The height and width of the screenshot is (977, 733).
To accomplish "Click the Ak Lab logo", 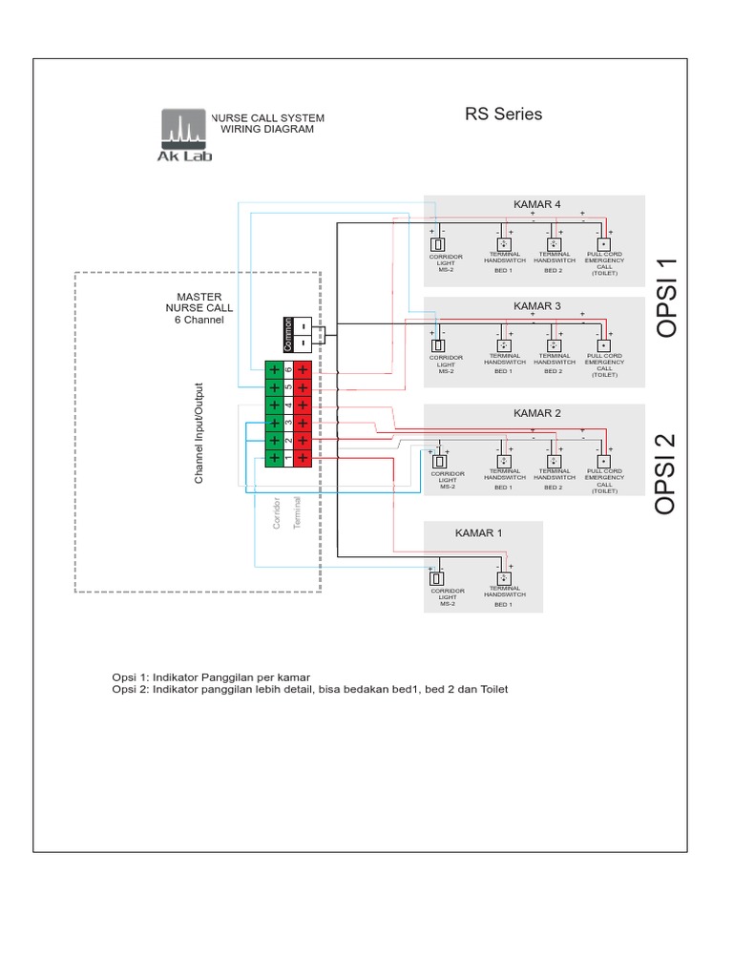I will pos(183,135).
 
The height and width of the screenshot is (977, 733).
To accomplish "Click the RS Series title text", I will pos(503,114).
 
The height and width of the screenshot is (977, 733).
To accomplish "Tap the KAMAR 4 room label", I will pos(537,204).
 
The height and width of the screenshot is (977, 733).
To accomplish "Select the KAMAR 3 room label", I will pos(537,306).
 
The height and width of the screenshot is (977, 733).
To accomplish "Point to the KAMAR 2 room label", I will pos(537,413).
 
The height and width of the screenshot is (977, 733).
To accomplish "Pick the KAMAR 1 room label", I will pos(477,533).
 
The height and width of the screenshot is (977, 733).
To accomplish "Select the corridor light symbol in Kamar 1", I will pos(438,578).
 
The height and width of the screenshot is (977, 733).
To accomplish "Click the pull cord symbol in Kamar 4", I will pos(603,243).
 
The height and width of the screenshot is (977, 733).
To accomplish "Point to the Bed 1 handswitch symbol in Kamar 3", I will pos(503,345).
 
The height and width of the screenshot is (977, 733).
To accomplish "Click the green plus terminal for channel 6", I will pos(274,369).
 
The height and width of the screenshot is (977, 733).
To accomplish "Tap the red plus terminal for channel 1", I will pos(303,458).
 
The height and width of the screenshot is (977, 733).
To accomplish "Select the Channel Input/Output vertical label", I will pos(199,433).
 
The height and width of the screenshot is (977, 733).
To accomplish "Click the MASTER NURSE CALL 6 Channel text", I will pos(199,308).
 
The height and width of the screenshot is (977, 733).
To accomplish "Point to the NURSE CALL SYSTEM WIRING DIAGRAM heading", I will pos(267,123).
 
